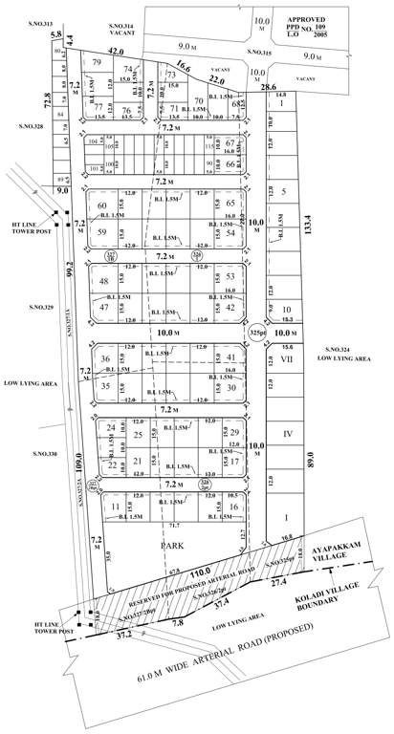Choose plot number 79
(97, 63)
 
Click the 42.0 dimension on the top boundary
(117, 50)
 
